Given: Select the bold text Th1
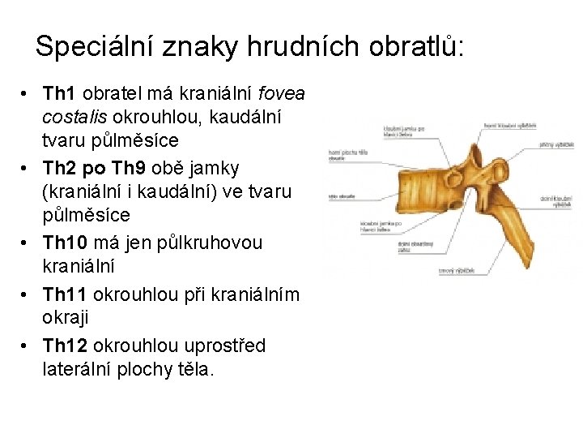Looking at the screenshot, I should (58, 94).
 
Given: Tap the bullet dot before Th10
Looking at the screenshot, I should (27, 243).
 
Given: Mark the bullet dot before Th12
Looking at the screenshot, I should (27, 346).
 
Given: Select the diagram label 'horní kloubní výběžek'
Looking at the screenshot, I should (510, 126).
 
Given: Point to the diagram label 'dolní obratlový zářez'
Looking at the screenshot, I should (415, 247).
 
